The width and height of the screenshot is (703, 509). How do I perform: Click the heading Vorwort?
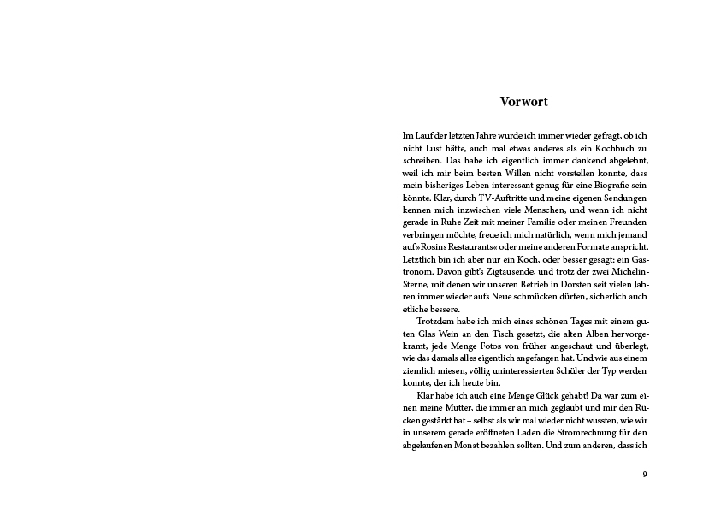[x=523, y=102]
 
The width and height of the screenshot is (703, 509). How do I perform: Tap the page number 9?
[x=644, y=474]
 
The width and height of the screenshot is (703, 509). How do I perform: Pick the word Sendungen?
[x=620, y=198]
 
